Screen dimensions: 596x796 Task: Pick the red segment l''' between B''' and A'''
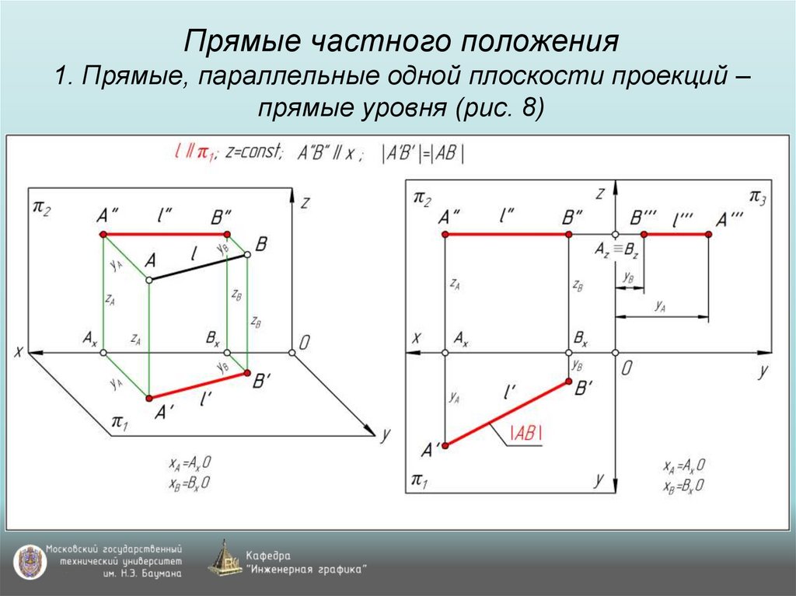[676, 234]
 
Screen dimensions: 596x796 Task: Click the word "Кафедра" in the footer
[268, 556]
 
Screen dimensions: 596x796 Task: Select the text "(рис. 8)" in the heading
[497, 108]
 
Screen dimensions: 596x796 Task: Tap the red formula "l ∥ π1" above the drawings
[194, 153]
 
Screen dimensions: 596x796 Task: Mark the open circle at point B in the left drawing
[248, 254]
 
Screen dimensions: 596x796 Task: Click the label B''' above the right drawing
[644, 218]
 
